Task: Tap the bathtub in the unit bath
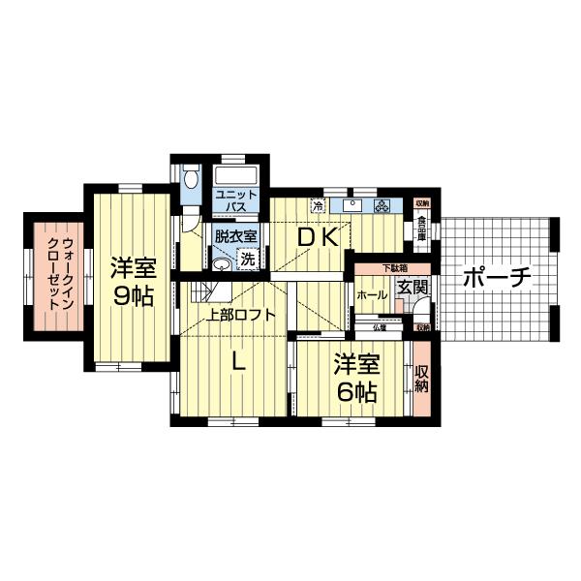coord(236,177)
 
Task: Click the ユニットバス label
coord(236,200)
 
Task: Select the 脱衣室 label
coord(235,235)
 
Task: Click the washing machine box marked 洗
coord(248,259)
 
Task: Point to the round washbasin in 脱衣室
coord(222,262)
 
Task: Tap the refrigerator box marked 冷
coord(317,205)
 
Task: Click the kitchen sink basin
coord(352,205)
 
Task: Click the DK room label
coord(317,237)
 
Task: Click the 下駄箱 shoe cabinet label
coord(392,267)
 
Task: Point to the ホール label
coord(371,294)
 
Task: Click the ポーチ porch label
coord(497,278)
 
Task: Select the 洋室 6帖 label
coord(356,379)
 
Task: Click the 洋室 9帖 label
coord(132,281)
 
